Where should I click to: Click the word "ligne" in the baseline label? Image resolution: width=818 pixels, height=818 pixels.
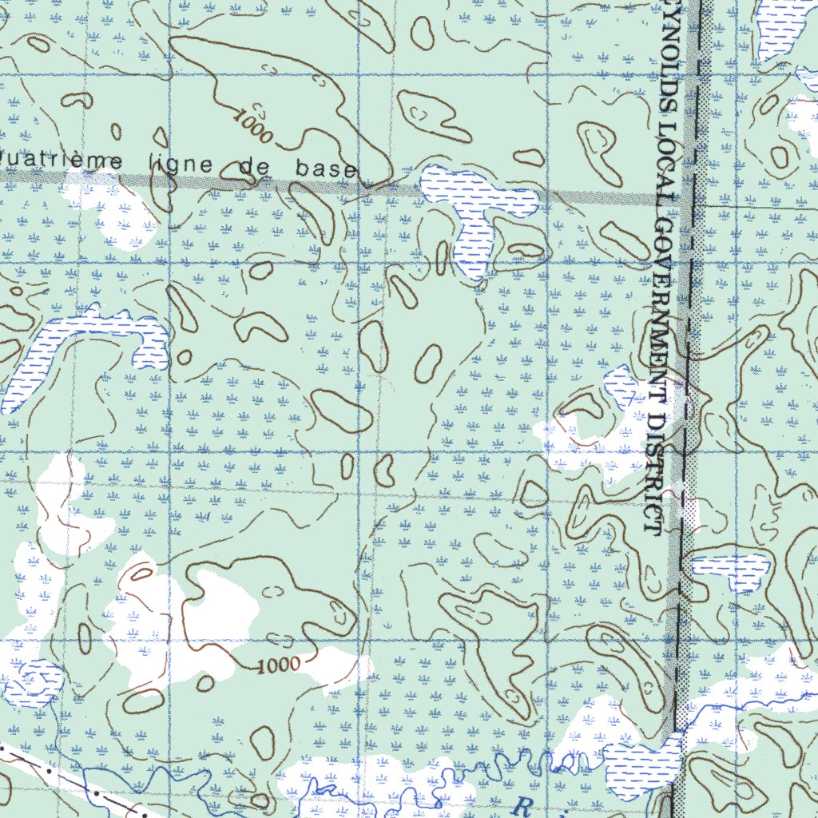(x=180, y=165)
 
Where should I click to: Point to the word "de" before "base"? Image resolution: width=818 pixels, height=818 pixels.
(x=256, y=167)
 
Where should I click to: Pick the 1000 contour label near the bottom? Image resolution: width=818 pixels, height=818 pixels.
(x=280, y=665)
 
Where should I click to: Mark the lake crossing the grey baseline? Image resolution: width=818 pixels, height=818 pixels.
(x=476, y=208)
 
